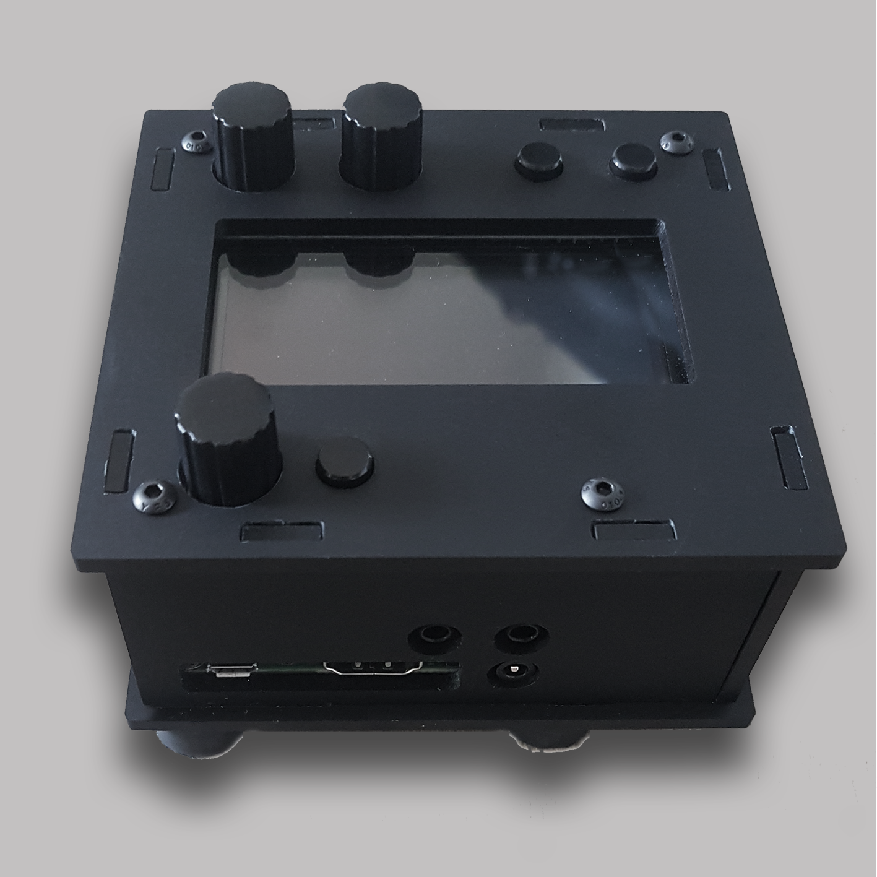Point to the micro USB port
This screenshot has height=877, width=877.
point(233,670)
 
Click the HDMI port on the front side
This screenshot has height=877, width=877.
point(371,668)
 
